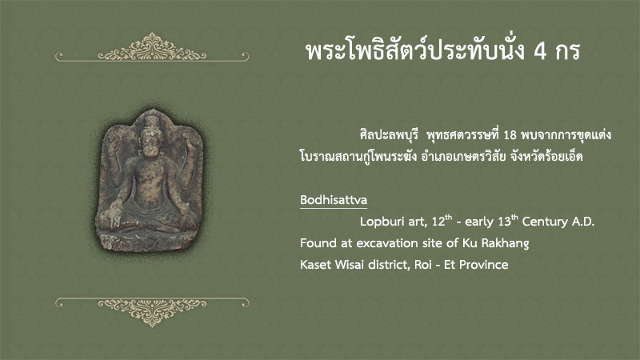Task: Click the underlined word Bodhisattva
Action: point(334,200)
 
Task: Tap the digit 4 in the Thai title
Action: point(541,51)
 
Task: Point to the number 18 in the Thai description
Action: point(510,135)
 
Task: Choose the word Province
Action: point(484,265)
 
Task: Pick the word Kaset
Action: point(315,265)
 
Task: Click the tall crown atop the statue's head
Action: point(151,122)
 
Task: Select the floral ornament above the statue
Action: point(152,48)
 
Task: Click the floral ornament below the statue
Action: point(152,311)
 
